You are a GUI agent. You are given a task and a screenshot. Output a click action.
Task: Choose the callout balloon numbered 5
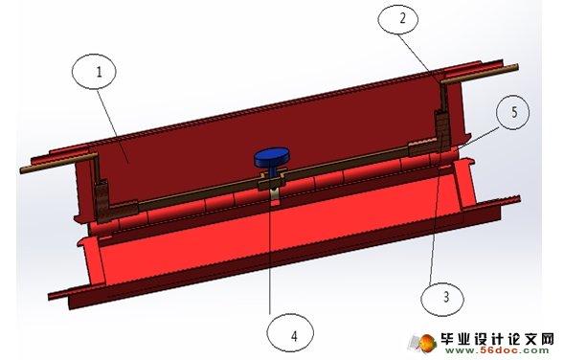click(515, 112)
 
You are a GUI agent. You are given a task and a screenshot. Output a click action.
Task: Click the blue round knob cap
click(273, 157)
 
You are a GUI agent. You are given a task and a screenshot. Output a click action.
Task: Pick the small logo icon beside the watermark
click(422, 344)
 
